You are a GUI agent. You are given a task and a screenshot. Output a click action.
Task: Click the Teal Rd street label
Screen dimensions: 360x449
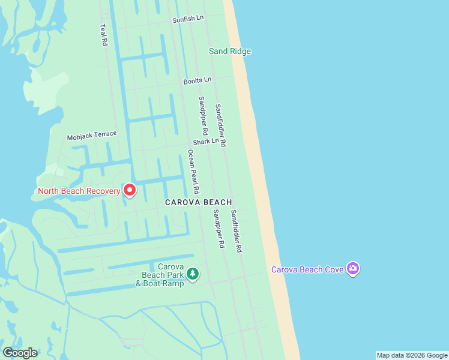click(x=103, y=35)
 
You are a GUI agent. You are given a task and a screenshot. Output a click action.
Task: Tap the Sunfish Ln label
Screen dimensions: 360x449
click(x=188, y=19)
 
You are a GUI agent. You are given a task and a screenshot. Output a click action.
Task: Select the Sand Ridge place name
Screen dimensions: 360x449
click(x=230, y=51)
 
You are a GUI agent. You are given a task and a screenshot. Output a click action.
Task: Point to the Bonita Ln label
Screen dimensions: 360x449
click(x=197, y=80)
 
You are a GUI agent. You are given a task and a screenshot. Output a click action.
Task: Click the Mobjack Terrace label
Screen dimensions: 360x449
click(x=91, y=136)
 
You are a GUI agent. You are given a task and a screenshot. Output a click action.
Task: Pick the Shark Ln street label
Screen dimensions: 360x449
click(x=205, y=142)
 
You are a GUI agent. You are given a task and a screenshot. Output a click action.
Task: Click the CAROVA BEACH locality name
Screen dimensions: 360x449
click(x=198, y=203)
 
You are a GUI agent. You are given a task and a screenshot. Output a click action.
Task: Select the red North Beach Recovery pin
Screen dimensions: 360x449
click(x=130, y=191)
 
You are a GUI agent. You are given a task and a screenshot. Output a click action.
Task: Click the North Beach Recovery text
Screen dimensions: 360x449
click(x=79, y=191)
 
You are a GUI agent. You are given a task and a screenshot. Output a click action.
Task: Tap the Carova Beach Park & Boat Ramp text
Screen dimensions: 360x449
click(x=160, y=275)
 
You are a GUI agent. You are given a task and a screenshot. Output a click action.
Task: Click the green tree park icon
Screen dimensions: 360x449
click(x=193, y=274)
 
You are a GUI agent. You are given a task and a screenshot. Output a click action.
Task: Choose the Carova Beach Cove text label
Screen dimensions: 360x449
click(x=307, y=269)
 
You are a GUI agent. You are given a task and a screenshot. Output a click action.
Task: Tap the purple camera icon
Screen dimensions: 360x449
click(x=353, y=269)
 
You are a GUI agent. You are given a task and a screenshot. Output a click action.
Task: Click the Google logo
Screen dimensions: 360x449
click(x=20, y=353)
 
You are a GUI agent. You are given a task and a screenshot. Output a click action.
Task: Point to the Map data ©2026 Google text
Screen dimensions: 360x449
click(x=412, y=355)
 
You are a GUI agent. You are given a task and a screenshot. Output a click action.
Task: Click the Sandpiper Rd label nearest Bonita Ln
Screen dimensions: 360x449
click(x=203, y=115)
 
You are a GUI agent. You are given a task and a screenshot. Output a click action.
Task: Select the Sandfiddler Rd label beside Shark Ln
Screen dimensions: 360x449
click(x=220, y=125)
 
